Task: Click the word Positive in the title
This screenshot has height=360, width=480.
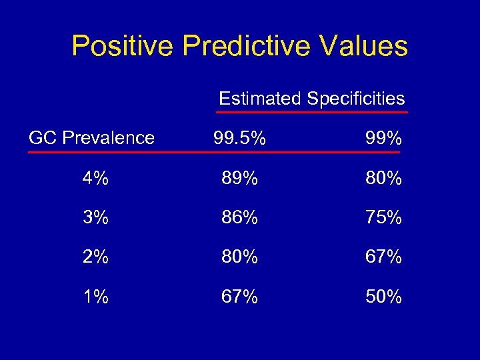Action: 122,46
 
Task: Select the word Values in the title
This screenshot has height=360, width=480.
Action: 365,46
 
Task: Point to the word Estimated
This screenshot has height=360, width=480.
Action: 260,99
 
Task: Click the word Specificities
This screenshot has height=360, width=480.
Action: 355,99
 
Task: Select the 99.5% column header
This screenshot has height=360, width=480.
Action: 240,139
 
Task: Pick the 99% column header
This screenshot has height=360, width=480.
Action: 383,139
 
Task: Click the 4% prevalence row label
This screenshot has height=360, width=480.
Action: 96,179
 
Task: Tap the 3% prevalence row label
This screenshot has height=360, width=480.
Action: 96,218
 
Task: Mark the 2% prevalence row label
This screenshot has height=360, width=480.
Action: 96,257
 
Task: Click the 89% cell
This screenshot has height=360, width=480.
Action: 240,179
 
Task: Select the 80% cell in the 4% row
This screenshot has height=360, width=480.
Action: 383,179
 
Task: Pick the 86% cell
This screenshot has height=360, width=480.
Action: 240,218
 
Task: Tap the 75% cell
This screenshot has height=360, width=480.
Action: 383,218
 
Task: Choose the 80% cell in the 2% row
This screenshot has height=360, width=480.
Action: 240,257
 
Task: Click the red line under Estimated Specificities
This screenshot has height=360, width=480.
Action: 312,113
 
